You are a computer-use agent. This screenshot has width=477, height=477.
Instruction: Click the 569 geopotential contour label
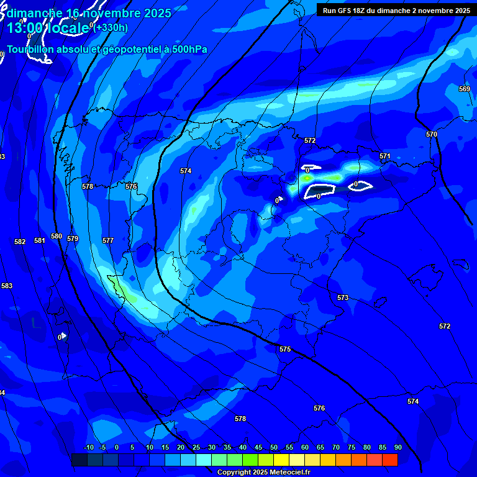(465, 89)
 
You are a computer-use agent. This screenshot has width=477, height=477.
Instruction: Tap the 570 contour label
(432, 134)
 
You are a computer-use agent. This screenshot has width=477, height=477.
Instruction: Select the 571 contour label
(385, 157)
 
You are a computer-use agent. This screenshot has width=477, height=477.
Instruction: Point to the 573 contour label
(343, 298)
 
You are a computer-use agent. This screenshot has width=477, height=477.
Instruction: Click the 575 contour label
(285, 350)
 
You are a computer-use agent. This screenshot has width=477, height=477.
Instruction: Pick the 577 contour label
(108, 240)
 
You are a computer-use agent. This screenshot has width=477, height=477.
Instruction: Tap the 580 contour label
(57, 237)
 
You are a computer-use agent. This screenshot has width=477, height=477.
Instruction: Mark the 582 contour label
(20, 242)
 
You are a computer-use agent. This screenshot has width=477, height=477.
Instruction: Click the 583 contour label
(7, 286)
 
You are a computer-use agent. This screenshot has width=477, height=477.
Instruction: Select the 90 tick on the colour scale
(397, 448)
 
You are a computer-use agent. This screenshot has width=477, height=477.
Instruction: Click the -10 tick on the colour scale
(89, 448)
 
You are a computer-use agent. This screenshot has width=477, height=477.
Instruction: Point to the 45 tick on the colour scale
(258, 448)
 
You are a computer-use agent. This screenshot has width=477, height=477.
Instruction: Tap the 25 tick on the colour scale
(196, 448)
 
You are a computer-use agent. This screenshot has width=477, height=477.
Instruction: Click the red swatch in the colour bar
(390, 460)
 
